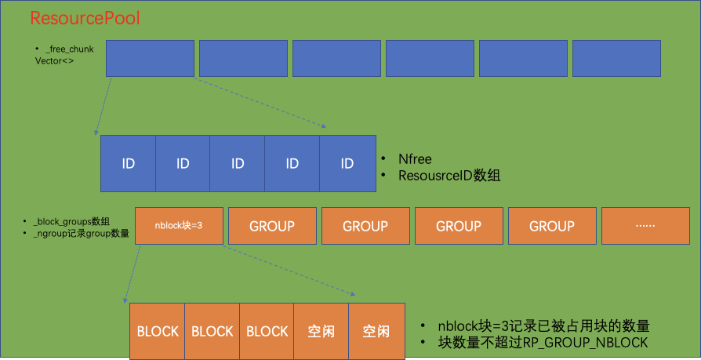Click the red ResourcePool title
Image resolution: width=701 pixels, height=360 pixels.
[85, 17]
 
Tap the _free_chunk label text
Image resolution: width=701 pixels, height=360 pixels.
[70, 49]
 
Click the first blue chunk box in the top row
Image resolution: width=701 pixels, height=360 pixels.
[150, 59]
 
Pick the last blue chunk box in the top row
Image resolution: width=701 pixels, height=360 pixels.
[616, 59]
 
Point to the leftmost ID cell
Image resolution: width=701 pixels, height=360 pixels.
[129, 164]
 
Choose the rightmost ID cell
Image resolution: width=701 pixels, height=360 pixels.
[347, 164]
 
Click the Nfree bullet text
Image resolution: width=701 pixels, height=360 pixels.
[415, 159]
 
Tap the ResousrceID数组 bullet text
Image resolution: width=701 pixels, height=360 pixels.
[449, 176]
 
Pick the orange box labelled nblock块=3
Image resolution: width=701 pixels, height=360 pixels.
[180, 226]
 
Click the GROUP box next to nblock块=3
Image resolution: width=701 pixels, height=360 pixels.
[272, 226]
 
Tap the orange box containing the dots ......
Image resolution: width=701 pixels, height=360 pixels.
[645, 226]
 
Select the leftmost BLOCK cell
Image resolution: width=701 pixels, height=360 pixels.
[158, 331]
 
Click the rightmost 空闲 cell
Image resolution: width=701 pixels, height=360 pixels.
[376, 331]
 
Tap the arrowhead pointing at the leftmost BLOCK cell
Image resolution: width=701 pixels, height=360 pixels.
[125, 300]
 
